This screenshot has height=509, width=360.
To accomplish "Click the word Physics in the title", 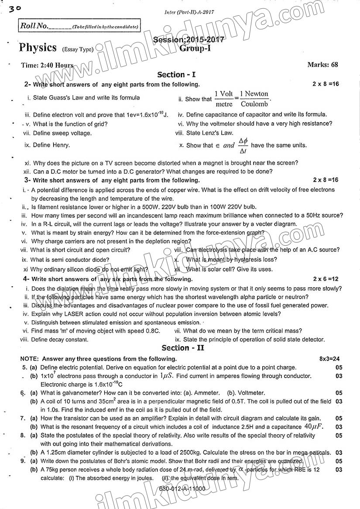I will pos(38,48).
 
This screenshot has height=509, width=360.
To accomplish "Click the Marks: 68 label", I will pos(322,65).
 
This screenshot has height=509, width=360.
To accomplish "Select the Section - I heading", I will pos(177,75).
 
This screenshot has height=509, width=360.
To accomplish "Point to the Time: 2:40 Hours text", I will pos(47,65).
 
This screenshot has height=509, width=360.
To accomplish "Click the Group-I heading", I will pos(195,48).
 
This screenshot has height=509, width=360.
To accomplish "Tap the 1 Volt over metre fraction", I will pos(224,99).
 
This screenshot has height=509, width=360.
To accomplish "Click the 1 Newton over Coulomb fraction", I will pos(254,99).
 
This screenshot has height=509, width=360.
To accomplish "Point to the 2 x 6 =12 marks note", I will pos(326,279).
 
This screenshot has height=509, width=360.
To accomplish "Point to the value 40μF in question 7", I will pos(314,426).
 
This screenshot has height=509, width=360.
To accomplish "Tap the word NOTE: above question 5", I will pos(29,359).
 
